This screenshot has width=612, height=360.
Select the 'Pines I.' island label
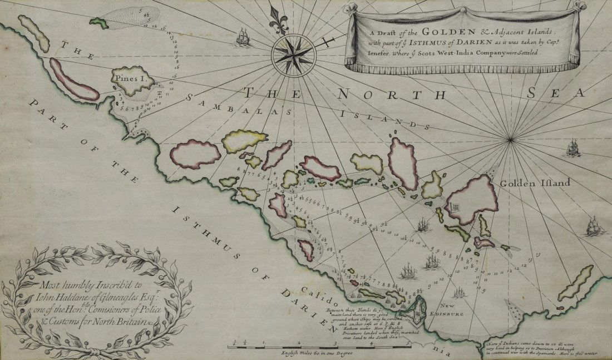click(131, 79)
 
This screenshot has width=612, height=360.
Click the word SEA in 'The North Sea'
click(562, 92)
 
